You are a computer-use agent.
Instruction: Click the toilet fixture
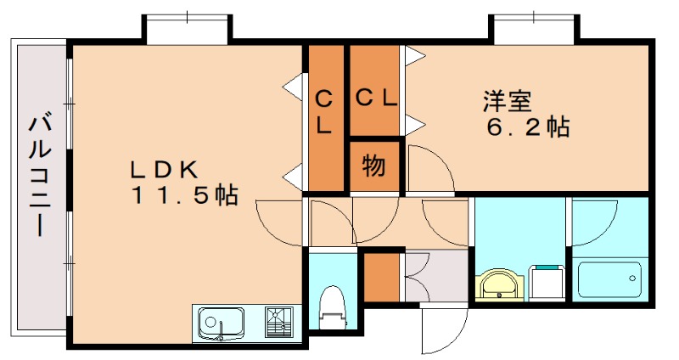(x=333, y=308)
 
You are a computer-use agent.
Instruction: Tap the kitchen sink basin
(x=222, y=323)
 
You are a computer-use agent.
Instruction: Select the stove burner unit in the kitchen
(x=279, y=322)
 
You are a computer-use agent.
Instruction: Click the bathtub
(x=609, y=279)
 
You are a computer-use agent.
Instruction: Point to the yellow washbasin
(x=500, y=284)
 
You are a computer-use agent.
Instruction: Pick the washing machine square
(x=547, y=282)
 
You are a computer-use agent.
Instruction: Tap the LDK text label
(x=165, y=169)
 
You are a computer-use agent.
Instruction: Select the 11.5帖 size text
(x=185, y=194)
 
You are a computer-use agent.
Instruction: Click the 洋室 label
(x=508, y=101)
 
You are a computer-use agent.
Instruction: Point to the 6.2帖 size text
(x=528, y=127)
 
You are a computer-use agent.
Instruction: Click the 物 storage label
(x=373, y=166)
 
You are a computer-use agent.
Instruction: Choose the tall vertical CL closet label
(x=324, y=112)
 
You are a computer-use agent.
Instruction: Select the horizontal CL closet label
(x=376, y=98)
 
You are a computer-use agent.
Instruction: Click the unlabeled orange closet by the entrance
(x=381, y=278)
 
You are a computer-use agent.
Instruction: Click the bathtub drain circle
(x=632, y=278)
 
